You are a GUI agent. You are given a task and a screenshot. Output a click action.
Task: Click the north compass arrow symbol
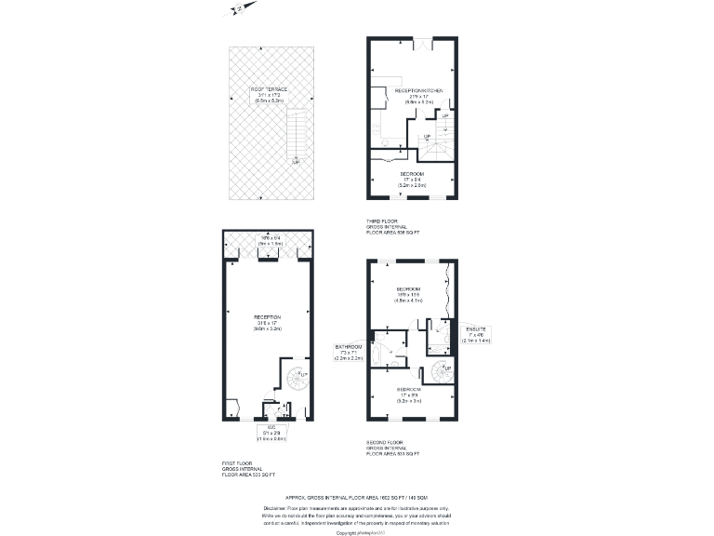coord(237,8)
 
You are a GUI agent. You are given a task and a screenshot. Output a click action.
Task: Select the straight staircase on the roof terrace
coord(296,136)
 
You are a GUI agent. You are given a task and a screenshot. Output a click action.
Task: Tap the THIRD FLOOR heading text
coord(382,221)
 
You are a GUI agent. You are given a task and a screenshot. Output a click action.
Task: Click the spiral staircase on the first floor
coord(297,379)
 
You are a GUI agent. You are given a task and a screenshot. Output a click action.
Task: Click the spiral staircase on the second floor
coord(443,371)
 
